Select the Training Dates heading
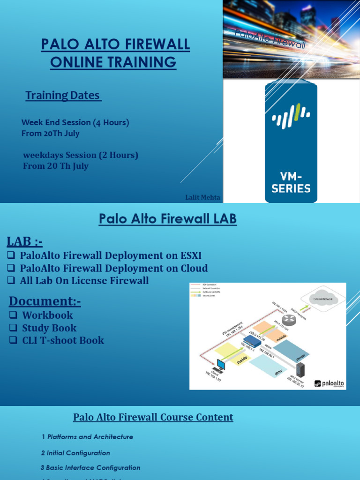click(62, 95)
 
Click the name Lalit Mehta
click(202, 197)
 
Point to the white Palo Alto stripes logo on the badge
click(291, 117)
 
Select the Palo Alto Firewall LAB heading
click(167, 219)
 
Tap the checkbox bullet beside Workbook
click(13, 315)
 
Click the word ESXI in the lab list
click(190, 255)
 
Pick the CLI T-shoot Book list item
click(63, 340)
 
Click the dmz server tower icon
click(300, 370)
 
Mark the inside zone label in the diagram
click(242, 360)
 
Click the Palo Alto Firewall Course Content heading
click(153, 417)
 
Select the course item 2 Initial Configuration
click(75, 453)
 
